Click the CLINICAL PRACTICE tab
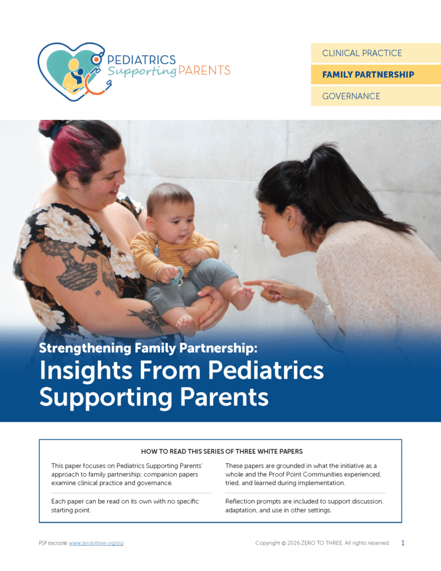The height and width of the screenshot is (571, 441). tap(376, 53)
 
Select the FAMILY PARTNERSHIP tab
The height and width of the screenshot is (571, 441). tap(376, 75)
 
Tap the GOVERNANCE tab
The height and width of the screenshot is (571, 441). tap(376, 96)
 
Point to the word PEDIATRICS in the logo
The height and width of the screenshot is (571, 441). tap(142, 59)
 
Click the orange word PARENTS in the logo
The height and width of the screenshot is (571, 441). tap(204, 70)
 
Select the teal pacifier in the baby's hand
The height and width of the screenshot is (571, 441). tap(177, 276)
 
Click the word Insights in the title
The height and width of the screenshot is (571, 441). tap(86, 371)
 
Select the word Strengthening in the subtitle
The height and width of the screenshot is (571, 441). tap(85, 348)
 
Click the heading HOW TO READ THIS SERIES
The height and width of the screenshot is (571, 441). tap(222, 452)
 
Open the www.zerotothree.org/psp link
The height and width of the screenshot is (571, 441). tap(96, 543)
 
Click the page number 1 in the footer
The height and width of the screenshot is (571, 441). tap(403, 543)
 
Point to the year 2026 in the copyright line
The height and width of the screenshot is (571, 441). tap(293, 543)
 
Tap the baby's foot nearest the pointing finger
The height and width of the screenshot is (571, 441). tap(242, 298)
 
